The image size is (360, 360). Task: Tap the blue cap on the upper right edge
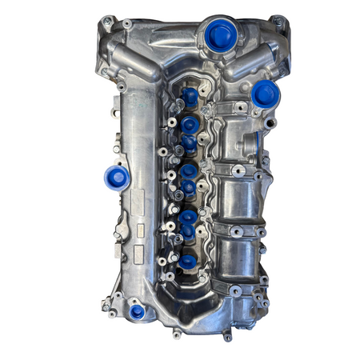pos(265,96)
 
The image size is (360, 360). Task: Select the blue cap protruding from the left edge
pos(117,178)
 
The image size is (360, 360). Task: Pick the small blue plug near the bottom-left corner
pos(137,310)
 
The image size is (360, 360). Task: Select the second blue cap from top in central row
pos(189,125)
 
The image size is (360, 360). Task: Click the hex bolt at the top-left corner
pos(106,23)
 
